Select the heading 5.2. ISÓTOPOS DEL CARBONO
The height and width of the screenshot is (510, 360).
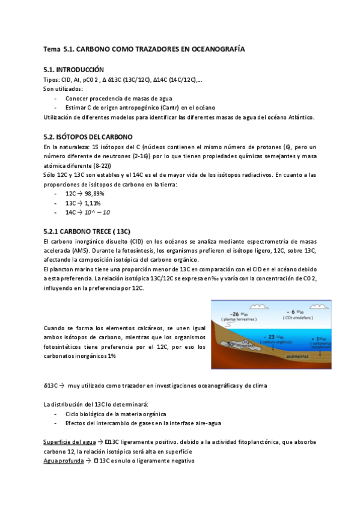(88, 137)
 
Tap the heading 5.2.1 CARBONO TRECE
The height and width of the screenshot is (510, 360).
(87, 232)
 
